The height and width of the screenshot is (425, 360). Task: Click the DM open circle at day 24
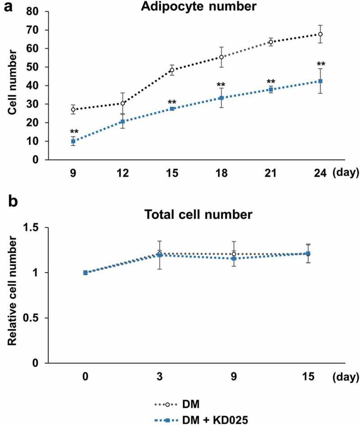[307, 34]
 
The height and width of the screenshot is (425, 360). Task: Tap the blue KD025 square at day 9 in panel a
[73, 141]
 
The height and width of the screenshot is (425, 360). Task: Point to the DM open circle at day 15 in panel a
[172, 70]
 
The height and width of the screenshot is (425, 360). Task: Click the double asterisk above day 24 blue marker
[307, 63]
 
